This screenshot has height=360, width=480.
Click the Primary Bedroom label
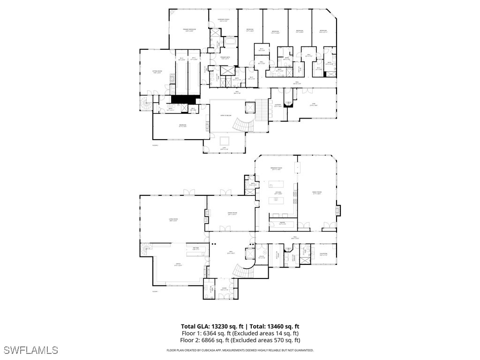click(189, 30)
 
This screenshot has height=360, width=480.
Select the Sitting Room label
click(157, 72)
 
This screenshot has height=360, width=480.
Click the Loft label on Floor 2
click(225, 149)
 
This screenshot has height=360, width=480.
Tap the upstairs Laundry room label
click(278, 105)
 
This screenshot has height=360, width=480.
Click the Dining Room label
click(232, 214)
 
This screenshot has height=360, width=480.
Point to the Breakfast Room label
click(276, 169)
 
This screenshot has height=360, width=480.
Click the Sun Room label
click(323, 255)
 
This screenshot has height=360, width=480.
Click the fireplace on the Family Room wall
click(338, 210)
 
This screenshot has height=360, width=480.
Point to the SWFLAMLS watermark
click(30, 350)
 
